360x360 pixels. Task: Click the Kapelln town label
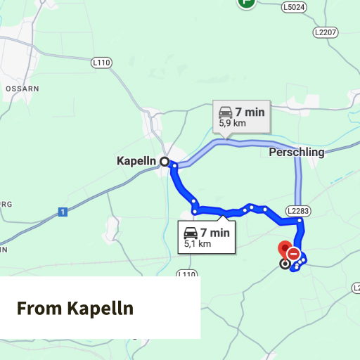tap(135, 161)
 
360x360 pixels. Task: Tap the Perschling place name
tap(297, 152)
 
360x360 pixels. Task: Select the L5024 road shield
tap(295, 8)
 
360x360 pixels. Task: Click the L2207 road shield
tap(326, 32)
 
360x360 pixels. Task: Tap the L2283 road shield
tap(298, 210)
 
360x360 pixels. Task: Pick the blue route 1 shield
tap(63, 212)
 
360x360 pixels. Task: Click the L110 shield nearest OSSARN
tap(102, 63)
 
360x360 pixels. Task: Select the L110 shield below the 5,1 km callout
tap(186, 274)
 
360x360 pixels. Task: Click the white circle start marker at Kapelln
tap(165, 161)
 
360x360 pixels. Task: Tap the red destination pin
tap(285, 250)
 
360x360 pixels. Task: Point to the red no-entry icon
tap(294, 254)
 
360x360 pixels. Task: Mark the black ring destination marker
tap(284, 264)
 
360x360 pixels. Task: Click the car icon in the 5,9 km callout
tap(225, 112)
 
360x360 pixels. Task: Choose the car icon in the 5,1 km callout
tap(191, 233)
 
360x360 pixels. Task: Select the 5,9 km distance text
tap(233, 123)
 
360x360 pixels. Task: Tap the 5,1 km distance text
tap(198, 244)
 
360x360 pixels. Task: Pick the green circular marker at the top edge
tap(246, 2)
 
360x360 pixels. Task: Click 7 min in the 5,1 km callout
tap(215, 233)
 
